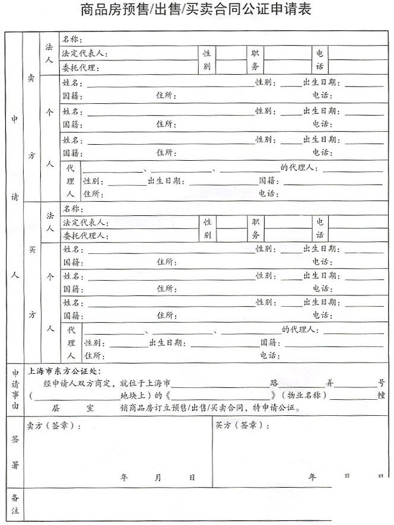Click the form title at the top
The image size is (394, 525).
click(x=196, y=10)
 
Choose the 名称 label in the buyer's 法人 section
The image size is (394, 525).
click(x=72, y=209)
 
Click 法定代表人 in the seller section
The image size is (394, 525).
click(x=84, y=53)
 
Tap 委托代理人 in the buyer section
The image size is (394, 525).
click(x=84, y=236)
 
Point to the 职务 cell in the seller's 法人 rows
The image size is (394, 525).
click(x=255, y=60)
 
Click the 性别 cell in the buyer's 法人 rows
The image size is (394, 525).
click(x=207, y=228)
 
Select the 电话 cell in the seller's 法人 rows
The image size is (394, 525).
click(x=320, y=60)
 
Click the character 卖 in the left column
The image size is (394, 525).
click(x=31, y=79)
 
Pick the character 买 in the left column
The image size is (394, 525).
click(x=31, y=250)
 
